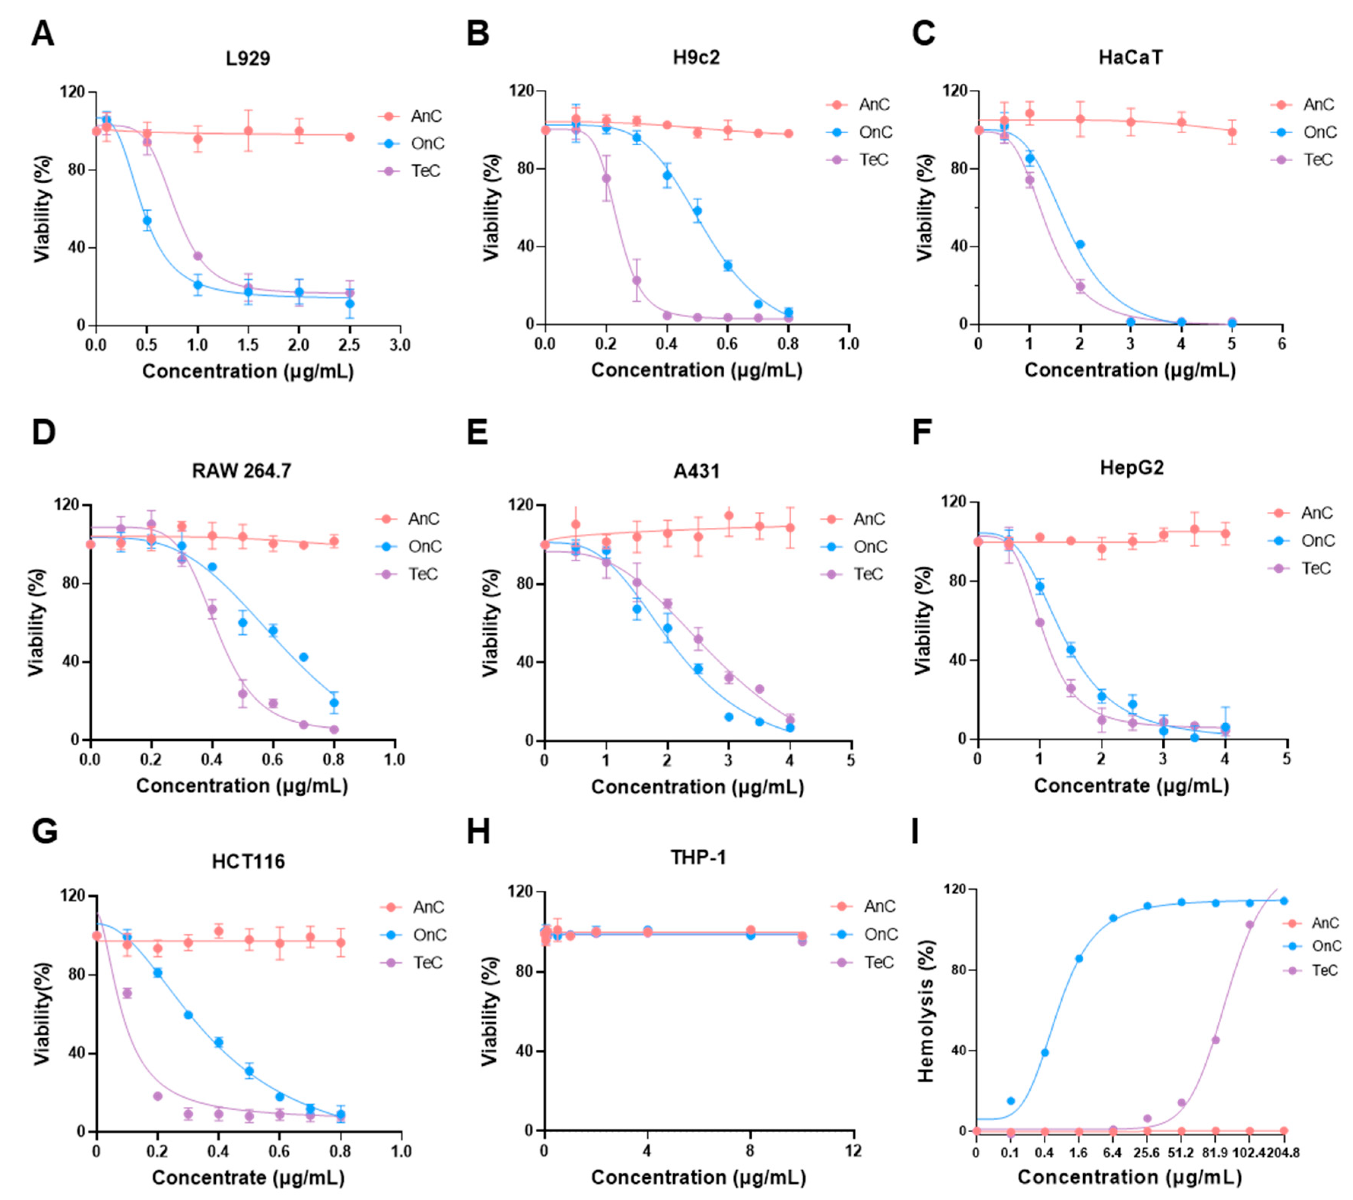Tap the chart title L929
pos(248,58)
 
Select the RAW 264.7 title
pos(242,471)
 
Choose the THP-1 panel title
pos(698,858)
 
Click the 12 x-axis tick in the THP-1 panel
pos(853,1151)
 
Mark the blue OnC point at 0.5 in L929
pos(147,221)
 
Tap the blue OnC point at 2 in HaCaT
pos(1080,244)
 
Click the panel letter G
pos(45,831)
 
